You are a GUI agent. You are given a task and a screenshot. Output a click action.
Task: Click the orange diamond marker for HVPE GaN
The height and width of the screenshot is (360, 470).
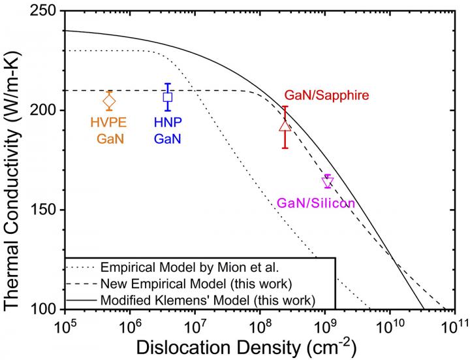tap(110, 101)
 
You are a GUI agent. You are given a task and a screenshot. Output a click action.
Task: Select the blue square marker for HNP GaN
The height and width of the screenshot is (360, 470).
tap(168, 97)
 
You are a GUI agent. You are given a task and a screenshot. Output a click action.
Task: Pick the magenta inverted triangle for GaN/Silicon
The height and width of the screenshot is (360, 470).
tap(328, 182)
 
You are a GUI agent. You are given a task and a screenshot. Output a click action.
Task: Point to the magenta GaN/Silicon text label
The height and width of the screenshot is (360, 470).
tap(316, 203)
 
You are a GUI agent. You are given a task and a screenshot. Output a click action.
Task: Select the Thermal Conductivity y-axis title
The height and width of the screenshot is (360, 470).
tap(14, 160)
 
